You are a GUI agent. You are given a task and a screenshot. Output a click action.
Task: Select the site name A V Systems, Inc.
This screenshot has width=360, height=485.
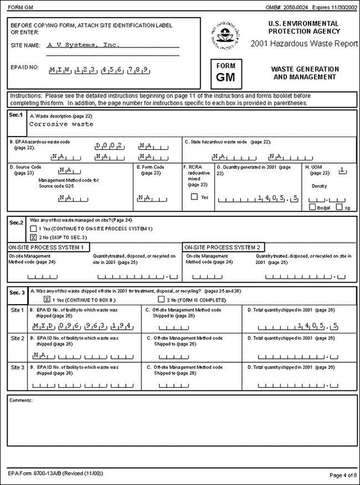tap(83, 45)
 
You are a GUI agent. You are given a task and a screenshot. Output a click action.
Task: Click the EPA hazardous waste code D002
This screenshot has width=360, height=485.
tap(110, 145)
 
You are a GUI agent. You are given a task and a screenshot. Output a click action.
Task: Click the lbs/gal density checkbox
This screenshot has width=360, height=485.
tap(312, 207)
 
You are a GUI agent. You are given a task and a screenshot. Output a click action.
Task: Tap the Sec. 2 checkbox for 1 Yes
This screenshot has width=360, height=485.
tap(33, 229)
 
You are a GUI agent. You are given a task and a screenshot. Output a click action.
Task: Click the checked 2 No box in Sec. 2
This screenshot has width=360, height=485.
tap(33, 237)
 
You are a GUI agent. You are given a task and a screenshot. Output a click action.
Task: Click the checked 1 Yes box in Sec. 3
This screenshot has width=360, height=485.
tap(46, 299)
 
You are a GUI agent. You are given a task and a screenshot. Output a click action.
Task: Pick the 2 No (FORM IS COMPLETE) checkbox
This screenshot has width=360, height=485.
tap(161, 299)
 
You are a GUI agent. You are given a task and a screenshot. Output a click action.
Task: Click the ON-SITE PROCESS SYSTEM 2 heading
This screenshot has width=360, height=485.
tap(223, 247)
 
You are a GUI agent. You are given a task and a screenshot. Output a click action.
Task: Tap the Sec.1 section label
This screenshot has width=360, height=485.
tap(16, 116)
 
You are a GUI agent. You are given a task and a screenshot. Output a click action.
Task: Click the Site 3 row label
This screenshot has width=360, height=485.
tap(17, 367)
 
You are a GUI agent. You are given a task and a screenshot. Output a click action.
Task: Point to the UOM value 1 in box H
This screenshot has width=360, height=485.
tap(341, 169)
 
